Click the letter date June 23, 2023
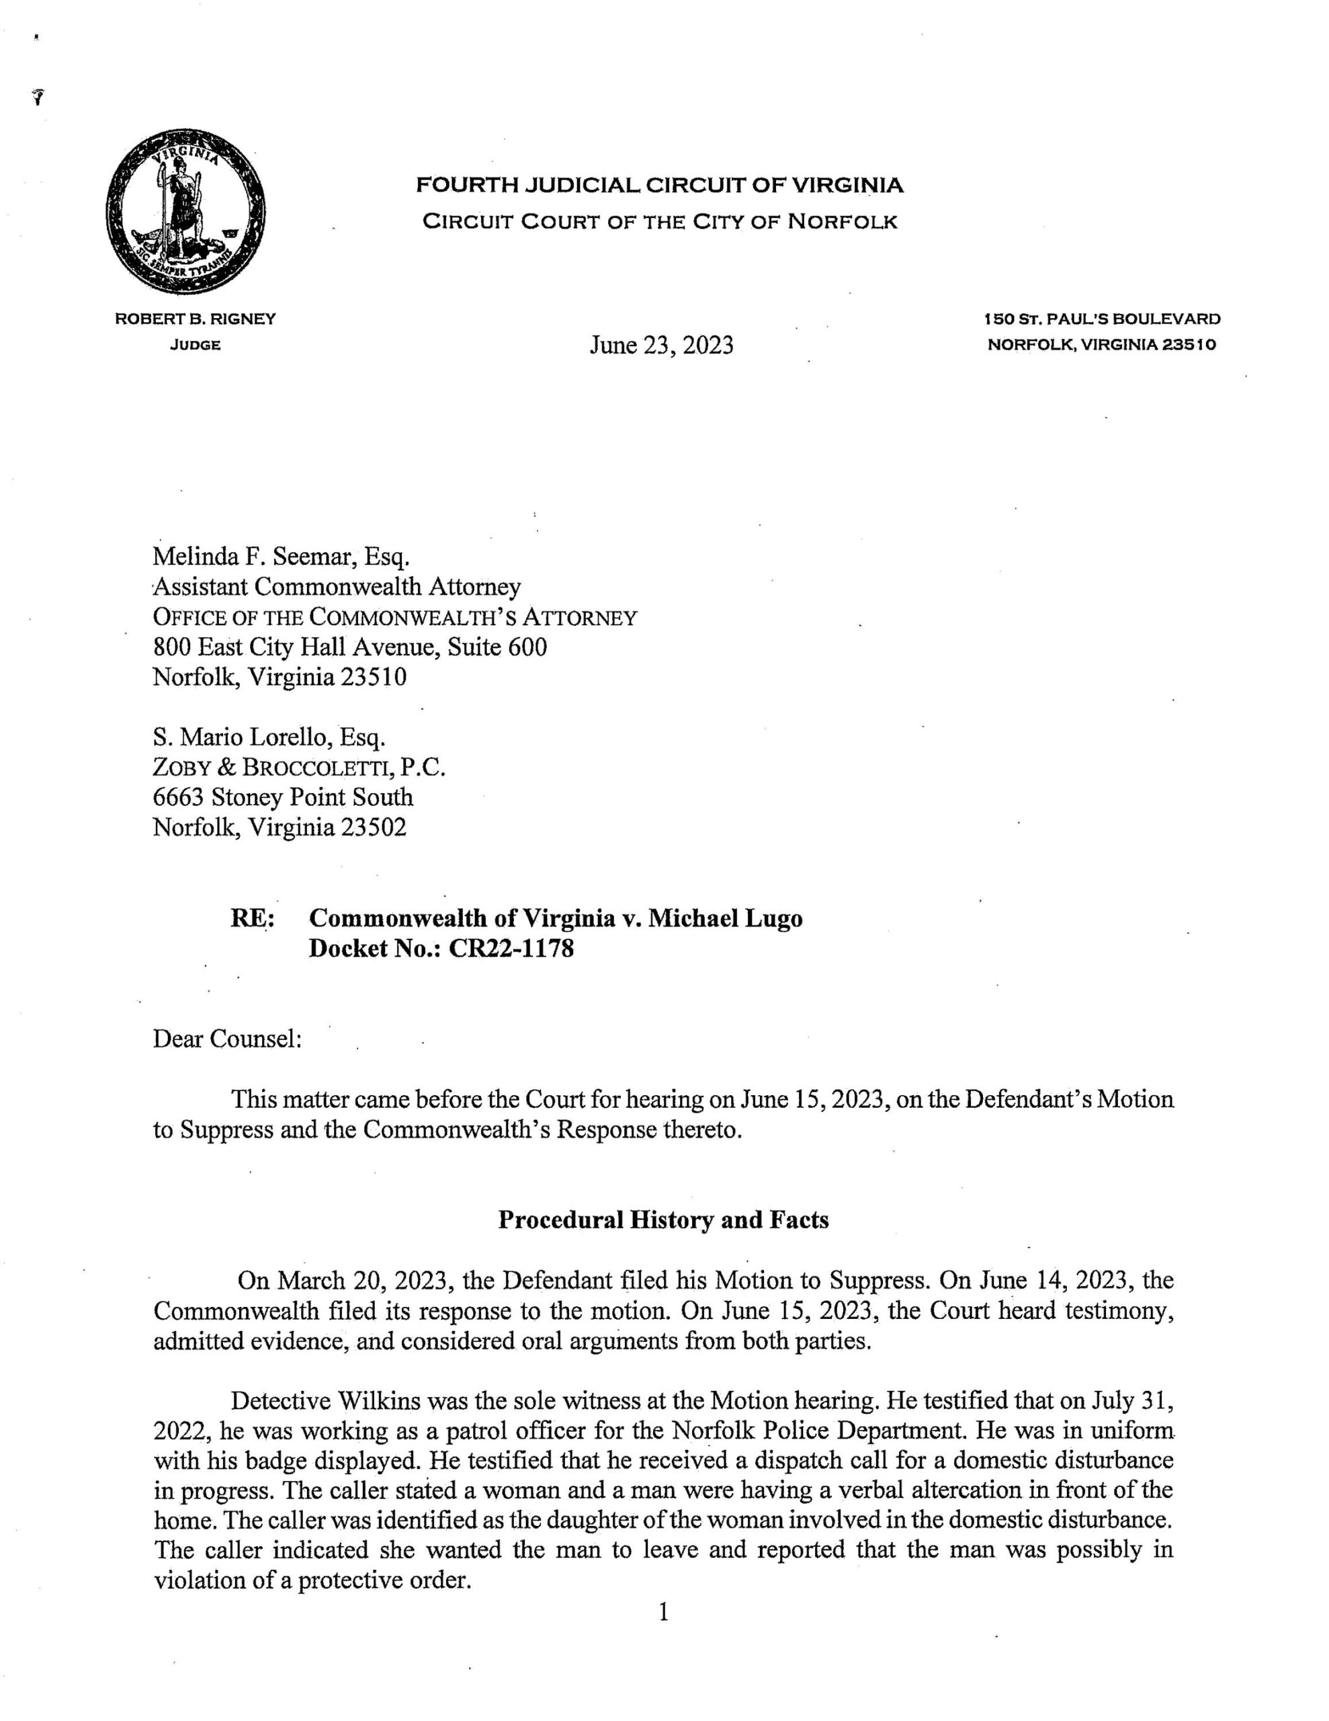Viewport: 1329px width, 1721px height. [661, 345]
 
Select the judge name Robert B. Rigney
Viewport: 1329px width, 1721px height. [196, 319]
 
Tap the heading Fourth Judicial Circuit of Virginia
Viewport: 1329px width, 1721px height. [659, 186]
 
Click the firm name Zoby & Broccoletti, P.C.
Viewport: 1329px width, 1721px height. [300, 767]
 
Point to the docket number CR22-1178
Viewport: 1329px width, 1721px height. [511, 948]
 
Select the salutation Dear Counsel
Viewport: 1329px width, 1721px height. [228, 1039]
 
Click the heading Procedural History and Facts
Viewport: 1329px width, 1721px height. [663, 1220]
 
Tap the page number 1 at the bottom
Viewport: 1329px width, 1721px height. [663, 1612]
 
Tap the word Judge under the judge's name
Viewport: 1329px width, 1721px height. [196, 345]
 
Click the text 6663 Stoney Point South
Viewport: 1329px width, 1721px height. [283, 797]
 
